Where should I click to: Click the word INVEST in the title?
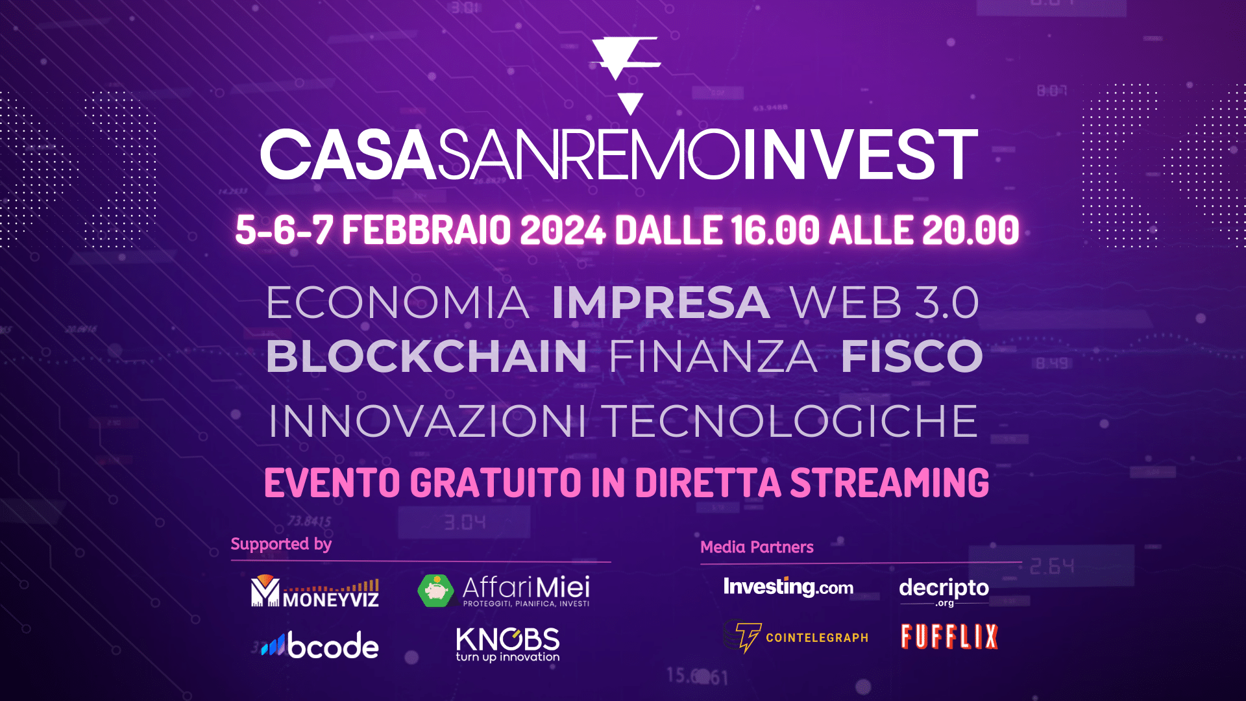860,154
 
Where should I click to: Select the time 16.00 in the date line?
776,230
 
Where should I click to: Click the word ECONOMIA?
398,302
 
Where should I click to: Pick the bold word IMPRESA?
661,302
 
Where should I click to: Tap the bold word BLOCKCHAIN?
426,356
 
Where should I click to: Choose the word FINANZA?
713,356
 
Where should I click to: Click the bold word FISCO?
912,356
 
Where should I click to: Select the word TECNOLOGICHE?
791,421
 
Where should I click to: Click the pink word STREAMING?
890,483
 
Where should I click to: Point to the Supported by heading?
281,544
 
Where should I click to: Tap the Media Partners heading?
757,547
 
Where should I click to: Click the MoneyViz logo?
315,591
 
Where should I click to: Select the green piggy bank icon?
436,591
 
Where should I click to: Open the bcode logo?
320,646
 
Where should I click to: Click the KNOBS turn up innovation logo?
507,645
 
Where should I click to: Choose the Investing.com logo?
788,587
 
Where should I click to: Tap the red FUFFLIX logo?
949,637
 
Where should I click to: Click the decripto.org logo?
944,591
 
